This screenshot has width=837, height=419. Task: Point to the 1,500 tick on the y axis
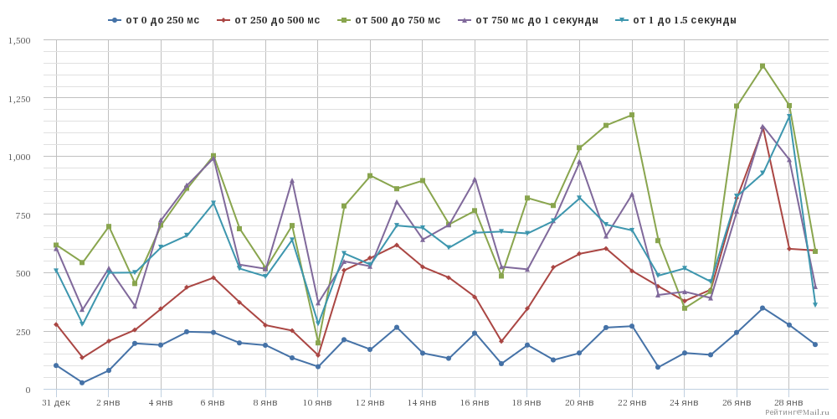(x=19, y=40)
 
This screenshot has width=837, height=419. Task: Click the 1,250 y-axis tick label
(x=19, y=99)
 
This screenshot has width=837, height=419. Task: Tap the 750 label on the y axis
(x=23, y=215)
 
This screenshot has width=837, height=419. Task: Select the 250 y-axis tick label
(x=23, y=332)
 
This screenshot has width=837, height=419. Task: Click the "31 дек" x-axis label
(x=56, y=403)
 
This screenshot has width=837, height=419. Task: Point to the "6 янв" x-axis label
(x=213, y=403)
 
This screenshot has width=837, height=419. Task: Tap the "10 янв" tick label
(x=318, y=403)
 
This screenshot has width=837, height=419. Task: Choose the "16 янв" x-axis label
(x=475, y=403)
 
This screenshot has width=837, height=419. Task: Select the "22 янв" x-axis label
(x=632, y=403)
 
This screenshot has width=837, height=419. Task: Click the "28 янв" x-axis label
(x=788, y=403)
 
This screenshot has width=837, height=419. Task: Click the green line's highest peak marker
(x=763, y=66)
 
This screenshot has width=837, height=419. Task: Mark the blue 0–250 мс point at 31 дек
(x=56, y=365)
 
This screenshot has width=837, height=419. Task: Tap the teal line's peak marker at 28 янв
(x=788, y=116)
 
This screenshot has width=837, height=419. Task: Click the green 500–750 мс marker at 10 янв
(x=318, y=343)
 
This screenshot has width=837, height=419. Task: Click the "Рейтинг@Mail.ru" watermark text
(x=797, y=412)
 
